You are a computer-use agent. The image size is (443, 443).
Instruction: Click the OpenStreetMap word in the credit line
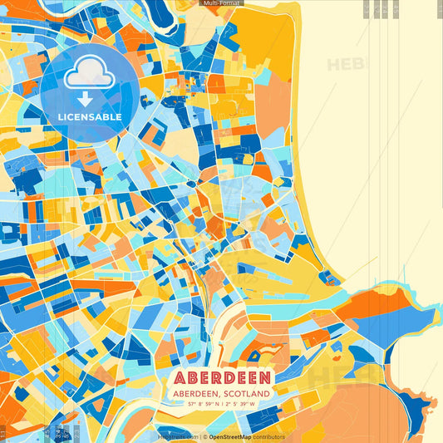[x=235, y=436]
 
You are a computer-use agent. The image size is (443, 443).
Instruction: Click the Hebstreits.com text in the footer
[x=178, y=436]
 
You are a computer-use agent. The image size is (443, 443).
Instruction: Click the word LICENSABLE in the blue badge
[x=90, y=117]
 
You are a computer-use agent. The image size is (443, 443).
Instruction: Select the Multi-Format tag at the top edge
[x=222, y=3]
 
